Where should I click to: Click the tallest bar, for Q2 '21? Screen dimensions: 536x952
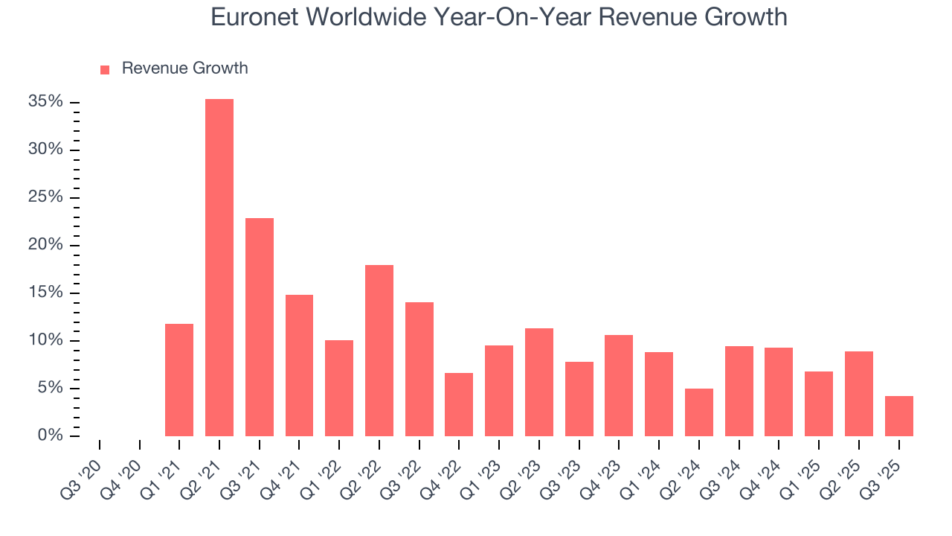(x=219, y=267)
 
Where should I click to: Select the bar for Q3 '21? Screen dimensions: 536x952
(x=260, y=327)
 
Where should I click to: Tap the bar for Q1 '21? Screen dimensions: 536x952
(x=179, y=380)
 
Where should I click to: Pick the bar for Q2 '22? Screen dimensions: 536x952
(x=379, y=350)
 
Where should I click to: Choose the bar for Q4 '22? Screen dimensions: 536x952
(x=459, y=404)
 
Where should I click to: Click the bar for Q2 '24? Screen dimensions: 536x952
(x=699, y=412)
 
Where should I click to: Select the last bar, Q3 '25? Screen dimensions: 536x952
(x=898, y=415)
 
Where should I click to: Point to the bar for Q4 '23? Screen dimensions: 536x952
(x=619, y=385)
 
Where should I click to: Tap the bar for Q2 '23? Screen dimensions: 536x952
(x=539, y=382)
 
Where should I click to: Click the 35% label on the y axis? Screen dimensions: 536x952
(x=45, y=102)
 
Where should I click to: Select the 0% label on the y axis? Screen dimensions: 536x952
(x=50, y=435)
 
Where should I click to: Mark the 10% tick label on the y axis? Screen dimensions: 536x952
(x=45, y=340)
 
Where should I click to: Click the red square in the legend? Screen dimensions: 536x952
(x=105, y=69)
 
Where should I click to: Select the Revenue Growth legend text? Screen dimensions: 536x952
(x=184, y=68)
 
